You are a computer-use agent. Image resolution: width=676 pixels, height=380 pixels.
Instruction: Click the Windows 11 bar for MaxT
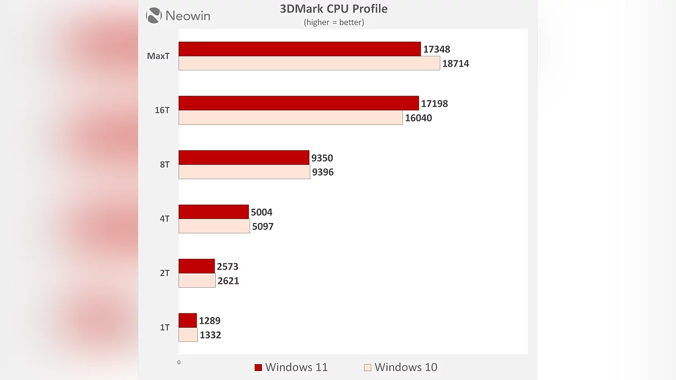point(300,49)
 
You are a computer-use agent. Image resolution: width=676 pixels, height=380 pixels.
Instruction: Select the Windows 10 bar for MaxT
point(309,64)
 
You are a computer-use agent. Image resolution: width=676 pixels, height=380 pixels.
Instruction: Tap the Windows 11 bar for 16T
point(299,103)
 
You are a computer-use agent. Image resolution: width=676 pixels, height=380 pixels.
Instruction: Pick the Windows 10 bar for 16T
point(291,118)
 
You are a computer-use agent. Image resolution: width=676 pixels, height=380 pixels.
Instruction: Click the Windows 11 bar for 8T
point(244,158)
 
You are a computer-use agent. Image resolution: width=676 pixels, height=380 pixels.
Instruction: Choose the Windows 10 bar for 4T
point(214,226)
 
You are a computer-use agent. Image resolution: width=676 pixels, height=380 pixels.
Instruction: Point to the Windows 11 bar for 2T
point(197,266)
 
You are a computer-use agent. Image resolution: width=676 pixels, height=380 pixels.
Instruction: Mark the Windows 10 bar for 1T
point(188,335)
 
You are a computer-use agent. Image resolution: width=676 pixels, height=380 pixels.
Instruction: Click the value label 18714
point(455,64)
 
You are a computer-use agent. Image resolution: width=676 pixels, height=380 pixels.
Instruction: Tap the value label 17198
point(434,104)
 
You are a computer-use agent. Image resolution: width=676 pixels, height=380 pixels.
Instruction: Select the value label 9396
point(323,172)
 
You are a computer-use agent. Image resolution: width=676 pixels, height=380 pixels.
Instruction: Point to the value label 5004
point(261,212)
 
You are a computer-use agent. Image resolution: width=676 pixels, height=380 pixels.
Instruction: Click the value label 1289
point(210,321)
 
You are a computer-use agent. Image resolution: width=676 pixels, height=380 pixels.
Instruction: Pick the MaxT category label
point(158,56)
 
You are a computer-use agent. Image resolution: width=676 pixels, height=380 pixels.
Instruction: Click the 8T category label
point(164,165)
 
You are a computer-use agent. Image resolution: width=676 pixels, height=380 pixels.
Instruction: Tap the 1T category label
point(164,327)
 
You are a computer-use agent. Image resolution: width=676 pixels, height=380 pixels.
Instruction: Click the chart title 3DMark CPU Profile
point(333,9)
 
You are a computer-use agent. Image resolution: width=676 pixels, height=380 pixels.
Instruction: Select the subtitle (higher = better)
point(333,23)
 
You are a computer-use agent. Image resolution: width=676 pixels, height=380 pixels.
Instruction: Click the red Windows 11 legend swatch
point(258,368)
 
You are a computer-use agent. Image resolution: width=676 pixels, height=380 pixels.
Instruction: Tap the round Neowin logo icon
point(154,15)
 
